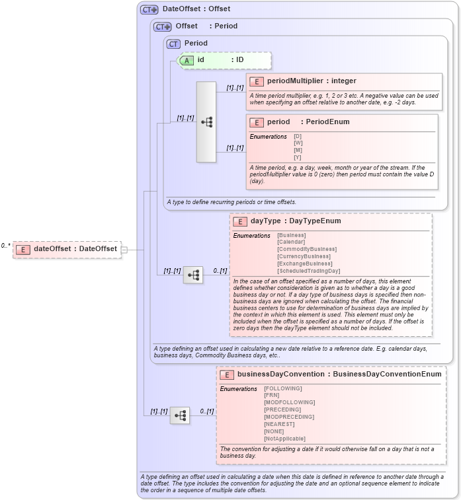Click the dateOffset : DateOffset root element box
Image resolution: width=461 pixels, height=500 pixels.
pyautogui.click(x=67, y=249)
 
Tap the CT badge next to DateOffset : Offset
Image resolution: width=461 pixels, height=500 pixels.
pyautogui.click(x=149, y=9)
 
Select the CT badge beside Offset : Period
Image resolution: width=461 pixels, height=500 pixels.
pyautogui.click(x=162, y=26)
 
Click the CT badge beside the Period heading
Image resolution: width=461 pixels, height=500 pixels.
pyautogui.click(x=173, y=44)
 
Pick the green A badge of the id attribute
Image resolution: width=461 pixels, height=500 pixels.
pyautogui.click(x=187, y=60)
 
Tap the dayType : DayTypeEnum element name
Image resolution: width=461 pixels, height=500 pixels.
pyautogui.click(x=296, y=221)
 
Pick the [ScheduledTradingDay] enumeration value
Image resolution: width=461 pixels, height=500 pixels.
pyautogui.click(x=308, y=271)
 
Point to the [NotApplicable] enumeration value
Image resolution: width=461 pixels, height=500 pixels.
pyautogui.click(x=284, y=439)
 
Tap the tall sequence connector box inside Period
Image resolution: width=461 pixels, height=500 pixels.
pyautogui.click(x=206, y=122)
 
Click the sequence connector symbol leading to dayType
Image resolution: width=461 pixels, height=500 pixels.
pyautogui.click(x=193, y=275)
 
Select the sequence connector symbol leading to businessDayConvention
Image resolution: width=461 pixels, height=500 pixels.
pyautogui.click(x=180, y=415)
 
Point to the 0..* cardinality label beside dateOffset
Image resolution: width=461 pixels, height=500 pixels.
pyautogui.click(x=6, y=246)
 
